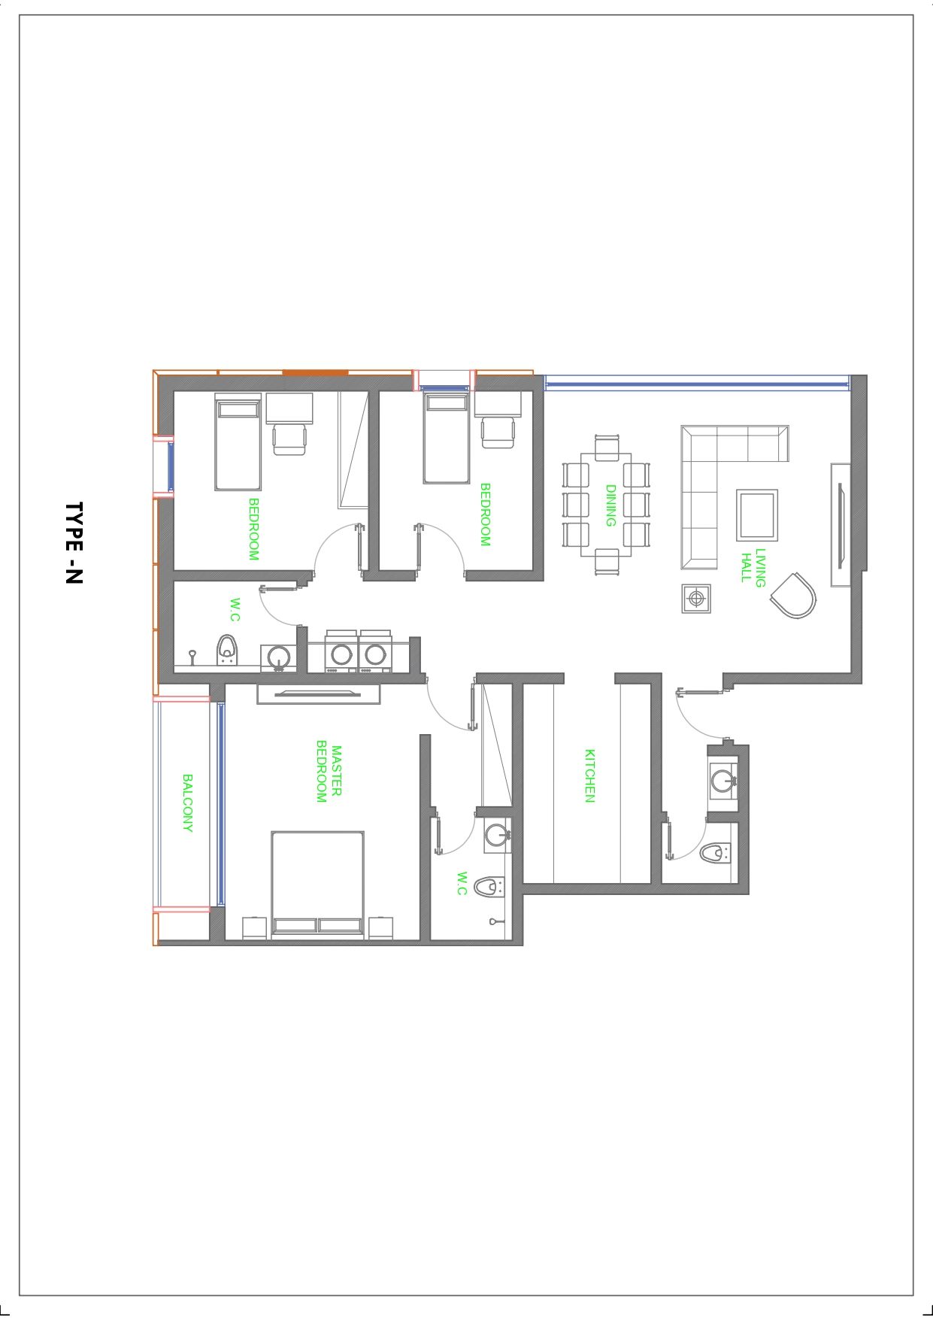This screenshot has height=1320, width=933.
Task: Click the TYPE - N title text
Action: coord(74,543)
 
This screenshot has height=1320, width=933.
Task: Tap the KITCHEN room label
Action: coord(590,775)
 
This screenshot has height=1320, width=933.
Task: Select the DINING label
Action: coord(611,505)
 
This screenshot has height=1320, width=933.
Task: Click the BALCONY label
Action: coord(188,803)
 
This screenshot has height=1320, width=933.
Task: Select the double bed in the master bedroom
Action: coord(318,885)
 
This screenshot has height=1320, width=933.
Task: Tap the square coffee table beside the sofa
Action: coord(757,514)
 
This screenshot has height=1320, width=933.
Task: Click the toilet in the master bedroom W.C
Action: coord(489,887)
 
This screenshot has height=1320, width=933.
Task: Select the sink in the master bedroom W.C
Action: coord(497,834)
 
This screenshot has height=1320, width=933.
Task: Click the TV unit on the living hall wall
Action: coord(841,524)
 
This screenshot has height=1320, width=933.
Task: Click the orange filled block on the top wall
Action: coord(315,372)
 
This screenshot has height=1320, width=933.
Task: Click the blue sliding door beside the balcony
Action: coord(221,803)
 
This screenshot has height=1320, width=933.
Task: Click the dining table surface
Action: coord(606,505)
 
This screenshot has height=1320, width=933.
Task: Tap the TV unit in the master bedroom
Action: coord(319,693)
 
